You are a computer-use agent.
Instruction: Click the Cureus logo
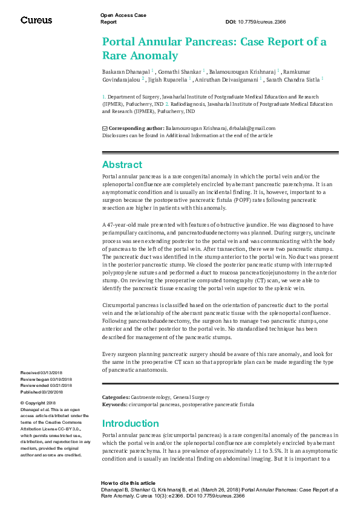pyautogui.click(x=36, y=21)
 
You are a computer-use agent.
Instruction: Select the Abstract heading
pyautogui.click(x=122, y=164)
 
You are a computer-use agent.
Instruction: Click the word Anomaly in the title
pyautogui.click(x=159, y=56)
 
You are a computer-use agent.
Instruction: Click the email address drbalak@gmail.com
pyautogui.click(x=252, y=128)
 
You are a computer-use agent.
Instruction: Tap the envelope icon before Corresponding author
pyautogui.click(x=105, y=128)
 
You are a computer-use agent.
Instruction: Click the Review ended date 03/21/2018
pyautogui.click(x=63, y=385)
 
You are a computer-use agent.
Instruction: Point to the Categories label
pyautogui.click(x=116, y=397)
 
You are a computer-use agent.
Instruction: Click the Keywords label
pyautogui.click(x=114, y=404)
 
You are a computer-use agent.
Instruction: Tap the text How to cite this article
pyautogui.click(x=128, y=483)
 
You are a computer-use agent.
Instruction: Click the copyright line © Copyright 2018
pyautogui.click(x=38, y=403)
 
